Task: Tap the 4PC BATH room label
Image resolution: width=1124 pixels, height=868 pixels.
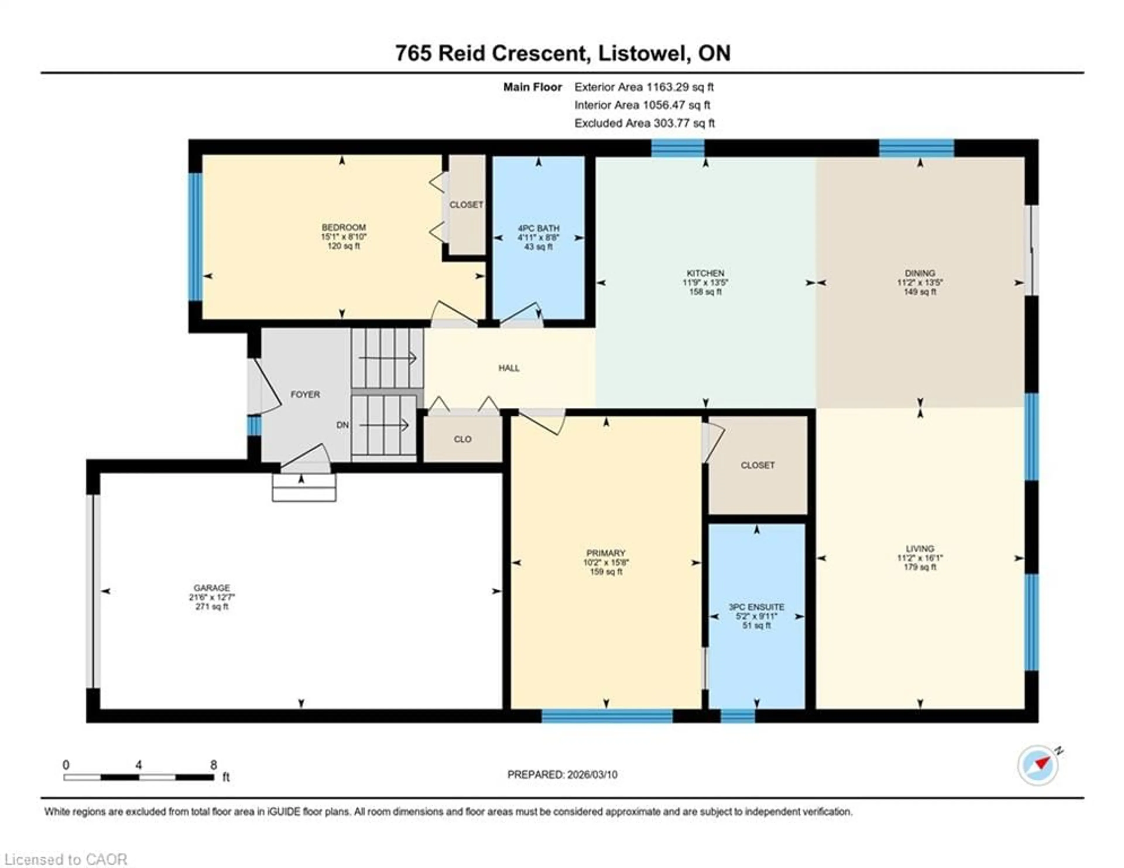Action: [538, 228]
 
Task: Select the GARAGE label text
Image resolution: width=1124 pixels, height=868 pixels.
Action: [212, 587]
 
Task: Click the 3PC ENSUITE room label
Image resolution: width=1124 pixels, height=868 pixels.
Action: [756, 607]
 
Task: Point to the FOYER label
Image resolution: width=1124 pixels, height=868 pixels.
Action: [305, 394]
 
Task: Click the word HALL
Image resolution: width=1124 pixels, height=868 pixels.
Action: [508, 368]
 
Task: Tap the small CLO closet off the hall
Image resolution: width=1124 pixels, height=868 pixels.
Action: [462, 439]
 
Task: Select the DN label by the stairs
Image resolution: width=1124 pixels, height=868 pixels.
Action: [342, 425]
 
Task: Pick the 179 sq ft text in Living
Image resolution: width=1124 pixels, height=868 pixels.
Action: [920, 567]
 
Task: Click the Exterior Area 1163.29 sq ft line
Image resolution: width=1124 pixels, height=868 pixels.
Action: [644, 87]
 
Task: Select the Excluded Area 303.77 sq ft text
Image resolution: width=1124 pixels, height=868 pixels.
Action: [644, 123]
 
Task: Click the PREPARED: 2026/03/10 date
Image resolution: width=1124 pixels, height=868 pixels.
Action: [562, 774]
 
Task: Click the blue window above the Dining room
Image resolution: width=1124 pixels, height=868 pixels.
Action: [916, 148]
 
